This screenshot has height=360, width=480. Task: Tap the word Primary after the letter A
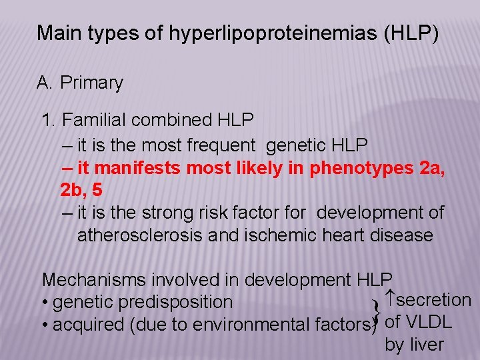[x=91, y=83]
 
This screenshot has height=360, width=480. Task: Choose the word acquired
[x=84, y=325]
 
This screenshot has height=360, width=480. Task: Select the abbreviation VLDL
[x=429, y=322]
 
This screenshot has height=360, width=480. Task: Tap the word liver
[x=427, y=345]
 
